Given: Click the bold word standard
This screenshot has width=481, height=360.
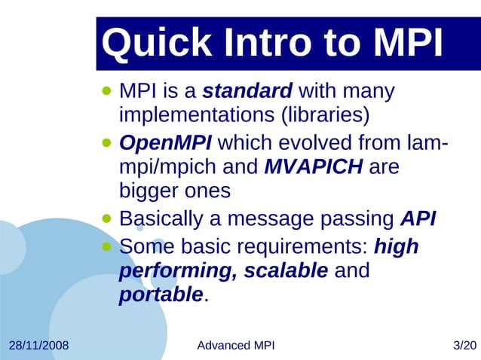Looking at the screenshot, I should (x=247, y=92).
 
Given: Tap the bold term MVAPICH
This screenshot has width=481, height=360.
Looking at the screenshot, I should (x=314, y=166).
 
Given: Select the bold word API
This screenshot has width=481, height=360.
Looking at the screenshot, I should (x=418, y=218).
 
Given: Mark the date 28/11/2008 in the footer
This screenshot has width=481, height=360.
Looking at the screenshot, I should (x=38, y=346).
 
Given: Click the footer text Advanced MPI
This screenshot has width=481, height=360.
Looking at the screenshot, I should (x=235, y=346).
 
